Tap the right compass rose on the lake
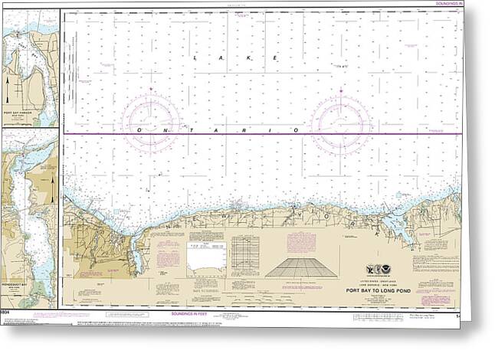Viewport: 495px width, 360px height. click(x=339, y=122)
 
